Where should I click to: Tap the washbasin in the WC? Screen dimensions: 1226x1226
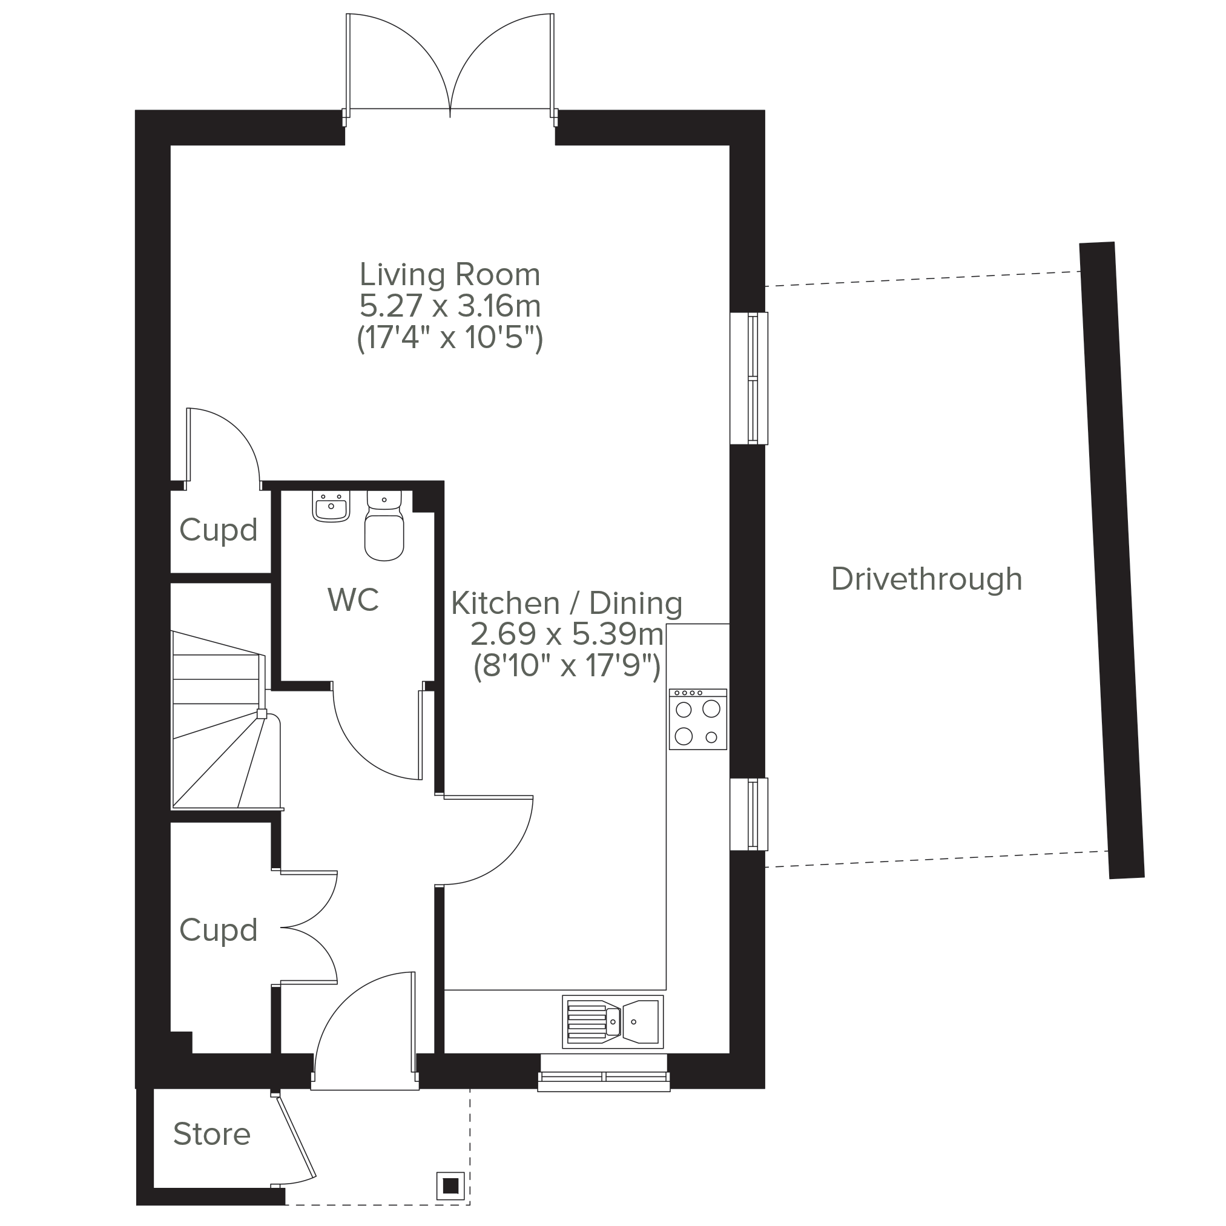coord(331,506)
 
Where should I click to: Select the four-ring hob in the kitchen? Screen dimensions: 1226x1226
coord(697,719)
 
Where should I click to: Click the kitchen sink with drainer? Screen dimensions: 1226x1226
coord(612,1021)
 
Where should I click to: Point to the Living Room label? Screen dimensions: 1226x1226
coord(450,275)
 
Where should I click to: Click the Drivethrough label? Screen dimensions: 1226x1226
coord(926,579)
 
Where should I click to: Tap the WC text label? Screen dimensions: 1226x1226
coord(354,599)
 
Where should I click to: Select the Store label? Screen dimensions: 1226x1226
coord(212,1134)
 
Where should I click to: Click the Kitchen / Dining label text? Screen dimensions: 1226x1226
coord(567,603)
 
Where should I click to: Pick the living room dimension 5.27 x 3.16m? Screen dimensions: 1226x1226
coord(450,306)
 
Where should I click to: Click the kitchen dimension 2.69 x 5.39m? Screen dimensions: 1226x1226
coord(567,634)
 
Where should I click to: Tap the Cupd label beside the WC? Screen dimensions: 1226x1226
coord(219,530)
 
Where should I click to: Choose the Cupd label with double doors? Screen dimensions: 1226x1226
coord(219,931)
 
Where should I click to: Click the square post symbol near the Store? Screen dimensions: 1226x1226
coord(451,1186)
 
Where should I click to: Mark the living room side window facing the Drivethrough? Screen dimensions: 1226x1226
coord(749,378)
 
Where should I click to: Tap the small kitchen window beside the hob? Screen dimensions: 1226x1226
coord(749,814)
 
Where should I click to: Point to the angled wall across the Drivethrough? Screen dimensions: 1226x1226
coord(1112,561)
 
